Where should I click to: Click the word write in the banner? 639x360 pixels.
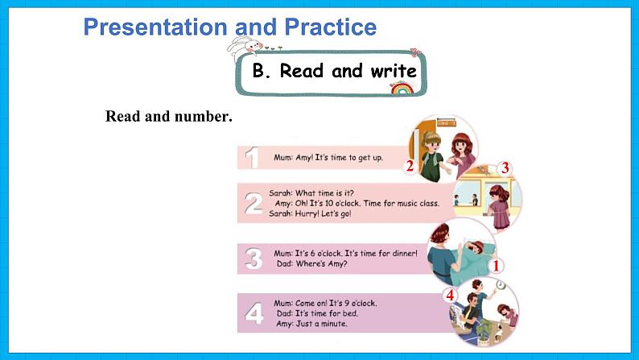[x=393, y=71]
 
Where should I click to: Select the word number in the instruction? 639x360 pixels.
[x=201, y=116]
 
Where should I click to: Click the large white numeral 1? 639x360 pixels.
[x=253, y=157]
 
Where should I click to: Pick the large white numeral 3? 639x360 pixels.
[x=254, y=259]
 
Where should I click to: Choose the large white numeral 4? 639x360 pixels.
[x=254, y=312]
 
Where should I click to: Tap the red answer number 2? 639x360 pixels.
[x=409, y=167]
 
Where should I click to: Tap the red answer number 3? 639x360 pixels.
[x=505, y=168]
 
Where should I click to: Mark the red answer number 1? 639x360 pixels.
[x=497, y=265]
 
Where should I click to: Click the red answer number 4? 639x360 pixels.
[x=450, y=296]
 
